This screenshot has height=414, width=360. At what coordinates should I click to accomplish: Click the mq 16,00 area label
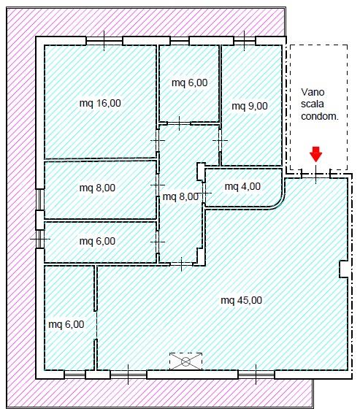[100, 103]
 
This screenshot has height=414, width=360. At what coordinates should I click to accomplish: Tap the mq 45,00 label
[242, 300]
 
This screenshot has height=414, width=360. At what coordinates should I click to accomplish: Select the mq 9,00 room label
[250, 106]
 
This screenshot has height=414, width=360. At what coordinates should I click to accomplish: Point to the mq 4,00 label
[242, 186]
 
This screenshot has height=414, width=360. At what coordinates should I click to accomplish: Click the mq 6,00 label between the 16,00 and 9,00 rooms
[190, 83]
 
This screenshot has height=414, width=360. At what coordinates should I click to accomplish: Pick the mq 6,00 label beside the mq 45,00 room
[66, 324]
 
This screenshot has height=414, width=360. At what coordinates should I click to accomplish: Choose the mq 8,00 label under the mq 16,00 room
[97, 188]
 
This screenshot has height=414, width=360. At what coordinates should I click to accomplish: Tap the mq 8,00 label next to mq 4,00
[180, 196]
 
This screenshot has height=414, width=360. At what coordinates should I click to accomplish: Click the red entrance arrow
[316, 154]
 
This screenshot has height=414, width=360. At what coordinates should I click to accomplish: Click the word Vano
[313, 92]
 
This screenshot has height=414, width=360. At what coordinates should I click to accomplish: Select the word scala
[313, 104]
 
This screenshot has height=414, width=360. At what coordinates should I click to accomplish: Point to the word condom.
[320, 116]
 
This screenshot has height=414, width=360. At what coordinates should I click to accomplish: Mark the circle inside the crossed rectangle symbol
[185, 361]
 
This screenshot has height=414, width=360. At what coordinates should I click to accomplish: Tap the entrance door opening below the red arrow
[316, 175]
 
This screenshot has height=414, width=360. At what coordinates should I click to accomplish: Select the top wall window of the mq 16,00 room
[104, 41]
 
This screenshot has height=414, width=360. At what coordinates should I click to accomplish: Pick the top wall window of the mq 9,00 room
[245, 41]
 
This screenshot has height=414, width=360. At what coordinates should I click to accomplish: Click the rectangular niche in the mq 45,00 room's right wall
[343, 269]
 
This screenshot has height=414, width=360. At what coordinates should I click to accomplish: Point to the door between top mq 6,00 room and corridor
[179, 123]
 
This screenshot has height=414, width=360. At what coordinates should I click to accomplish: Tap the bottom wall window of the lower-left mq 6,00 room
[74, 375]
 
